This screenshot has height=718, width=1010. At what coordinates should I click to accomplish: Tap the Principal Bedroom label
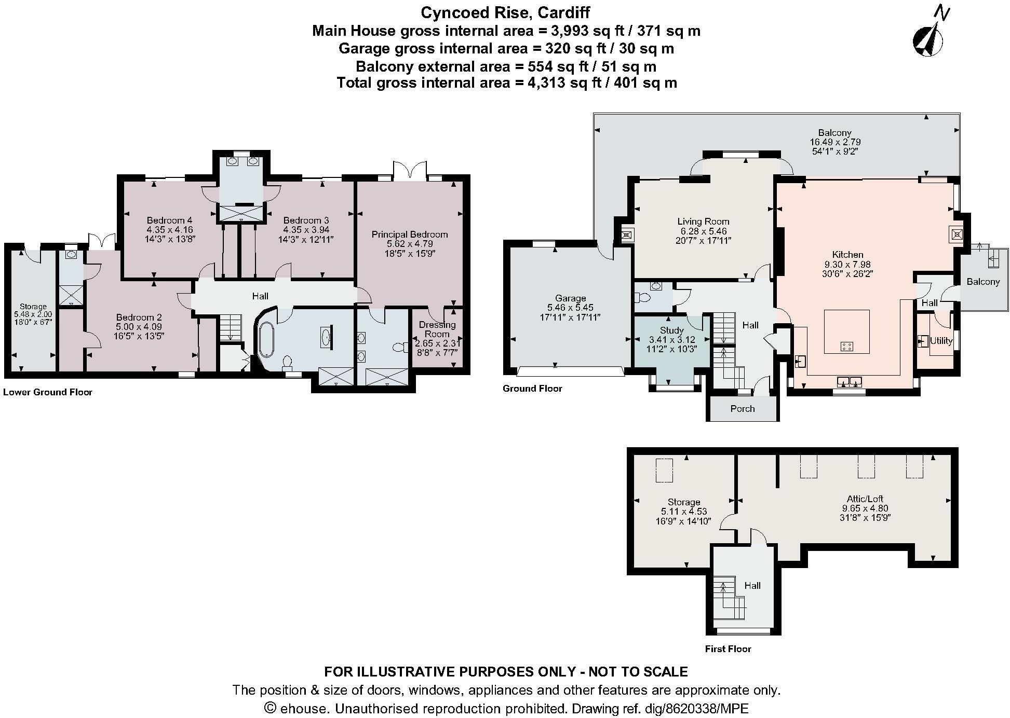[x=409, y=234]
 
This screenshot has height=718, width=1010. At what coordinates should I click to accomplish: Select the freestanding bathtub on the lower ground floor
[x=266, y=340]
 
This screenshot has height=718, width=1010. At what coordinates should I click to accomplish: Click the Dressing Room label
[x=437, y=329]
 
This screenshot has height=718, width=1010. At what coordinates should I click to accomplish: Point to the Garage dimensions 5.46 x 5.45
[x=570, y=308]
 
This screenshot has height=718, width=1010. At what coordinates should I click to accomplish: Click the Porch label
[x=742, y=409]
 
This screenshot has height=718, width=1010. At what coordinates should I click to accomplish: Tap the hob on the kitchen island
[x=846, y=346]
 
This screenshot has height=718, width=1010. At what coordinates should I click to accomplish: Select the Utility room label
[x=941, y=341]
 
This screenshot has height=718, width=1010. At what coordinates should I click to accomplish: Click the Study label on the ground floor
[x=671, y=330]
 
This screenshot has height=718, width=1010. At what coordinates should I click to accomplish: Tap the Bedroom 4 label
[x=169, y=220]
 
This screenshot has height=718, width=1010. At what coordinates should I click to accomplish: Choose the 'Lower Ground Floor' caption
[x=48, y=392]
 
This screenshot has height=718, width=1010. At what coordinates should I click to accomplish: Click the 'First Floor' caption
[x=728, y=649]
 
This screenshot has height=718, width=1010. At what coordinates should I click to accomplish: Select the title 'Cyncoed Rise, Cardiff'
[x=505, y=12]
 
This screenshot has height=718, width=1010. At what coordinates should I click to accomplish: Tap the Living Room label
[x=703, y=222]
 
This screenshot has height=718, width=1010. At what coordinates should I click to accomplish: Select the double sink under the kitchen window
[x=850, y=382]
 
